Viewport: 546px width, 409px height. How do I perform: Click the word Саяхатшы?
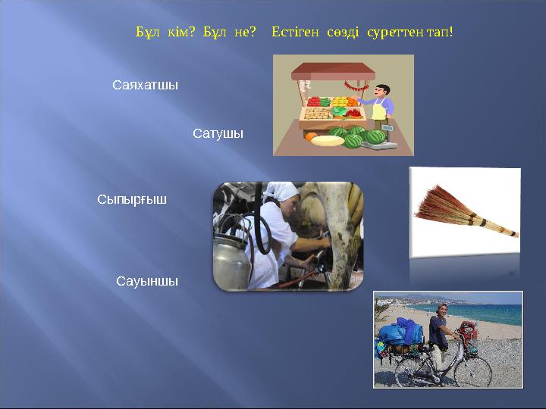145,85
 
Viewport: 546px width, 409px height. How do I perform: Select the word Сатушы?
218,133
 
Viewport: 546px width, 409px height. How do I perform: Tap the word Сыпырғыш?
132,200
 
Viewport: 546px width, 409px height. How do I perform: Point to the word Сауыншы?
147,281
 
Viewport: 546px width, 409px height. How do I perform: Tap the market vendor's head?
384,92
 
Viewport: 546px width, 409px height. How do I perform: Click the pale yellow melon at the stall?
328,140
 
